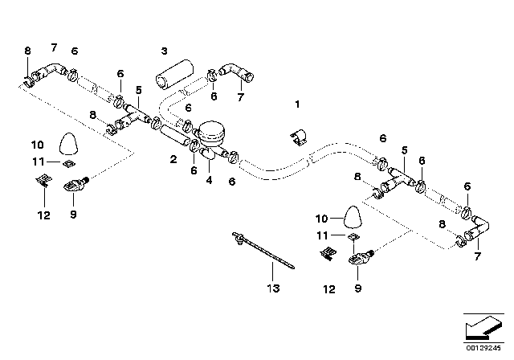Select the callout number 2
173,160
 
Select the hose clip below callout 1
296,137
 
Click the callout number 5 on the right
404,150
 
